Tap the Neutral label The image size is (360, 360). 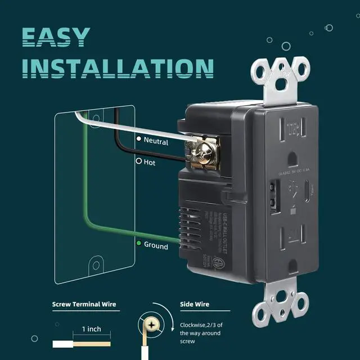[156, 141]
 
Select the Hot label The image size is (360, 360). [150, 162]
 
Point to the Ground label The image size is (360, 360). [156, 246]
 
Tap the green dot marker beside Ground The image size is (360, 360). [138, 244]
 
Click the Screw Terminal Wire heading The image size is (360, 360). [84, 305]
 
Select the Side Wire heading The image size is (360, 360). [195, 305]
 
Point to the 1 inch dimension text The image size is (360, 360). [92, 328]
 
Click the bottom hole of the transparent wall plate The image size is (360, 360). [96, 264]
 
